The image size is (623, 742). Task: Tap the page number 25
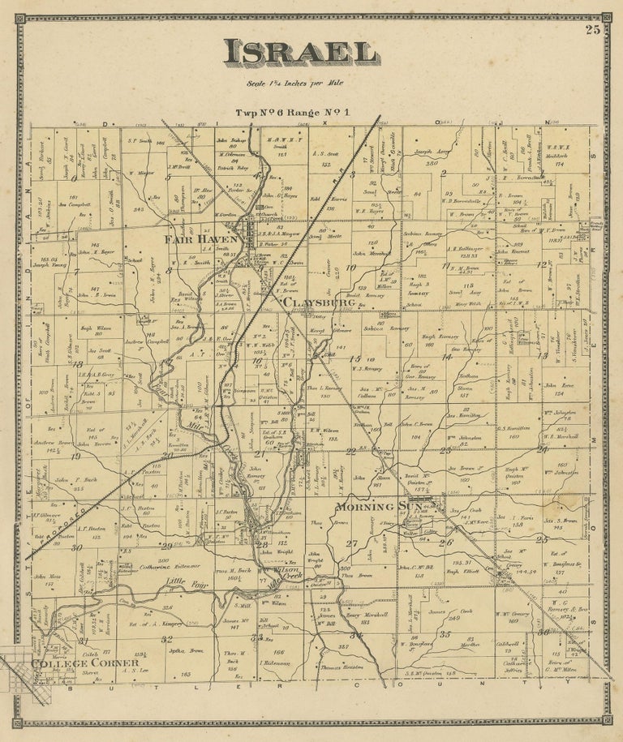593,31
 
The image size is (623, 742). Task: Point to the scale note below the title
302,82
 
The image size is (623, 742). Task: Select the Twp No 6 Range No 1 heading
294,112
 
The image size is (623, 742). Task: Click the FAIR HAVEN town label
202,239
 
